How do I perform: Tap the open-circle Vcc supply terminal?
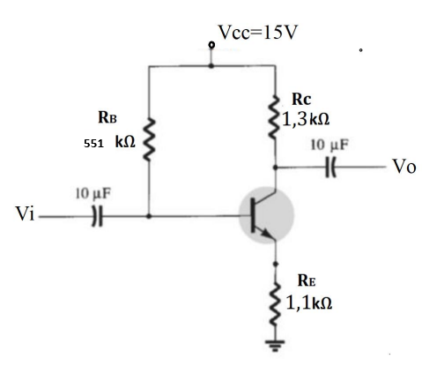pyautogui.click(x=211, y=44)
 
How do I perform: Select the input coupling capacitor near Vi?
pyautogui.click(x=98, y=215)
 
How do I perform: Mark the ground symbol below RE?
pyautogui.click(x=277, y=347)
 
